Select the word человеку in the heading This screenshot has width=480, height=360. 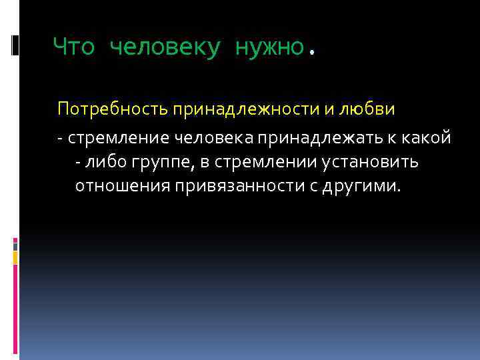[x=163, y=47]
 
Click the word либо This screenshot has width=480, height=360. [x=104, y=162]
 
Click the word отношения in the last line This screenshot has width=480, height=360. [x=123, y=186]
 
